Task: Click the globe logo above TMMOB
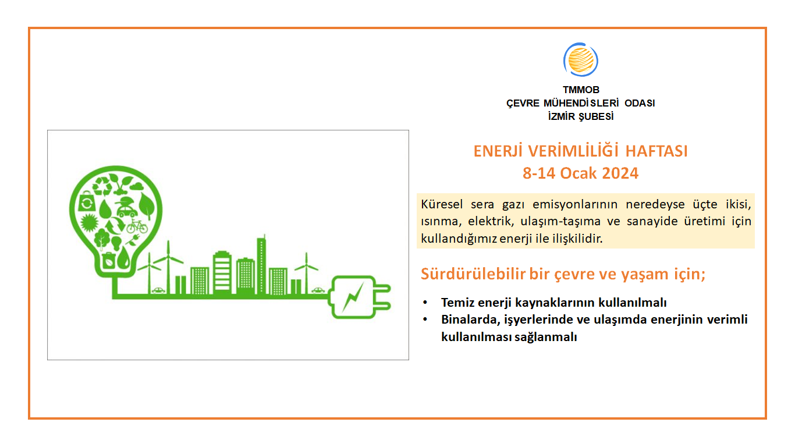tap(581, 61)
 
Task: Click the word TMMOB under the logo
tap(581, 90)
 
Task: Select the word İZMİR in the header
tap(562, 116)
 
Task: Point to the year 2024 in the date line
tap(619, 173)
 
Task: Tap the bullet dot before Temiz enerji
tap(426, 303)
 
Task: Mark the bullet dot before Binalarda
tap(426, 320)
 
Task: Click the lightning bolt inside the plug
tap(352, 297)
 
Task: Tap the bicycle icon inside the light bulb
tap(137, 226)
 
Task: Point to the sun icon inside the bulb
tap(89, 222)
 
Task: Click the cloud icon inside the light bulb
tap(137, 187)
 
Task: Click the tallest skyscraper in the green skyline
tap(261, 265)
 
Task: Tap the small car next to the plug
tap(318, 289)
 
